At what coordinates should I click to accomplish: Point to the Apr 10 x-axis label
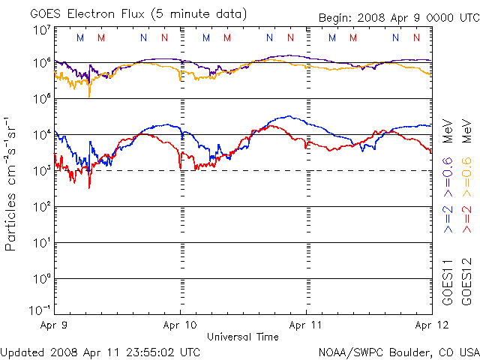[180, 326]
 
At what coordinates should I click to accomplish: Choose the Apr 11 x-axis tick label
[306, 326]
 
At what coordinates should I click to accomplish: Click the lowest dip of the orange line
[89, 97]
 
